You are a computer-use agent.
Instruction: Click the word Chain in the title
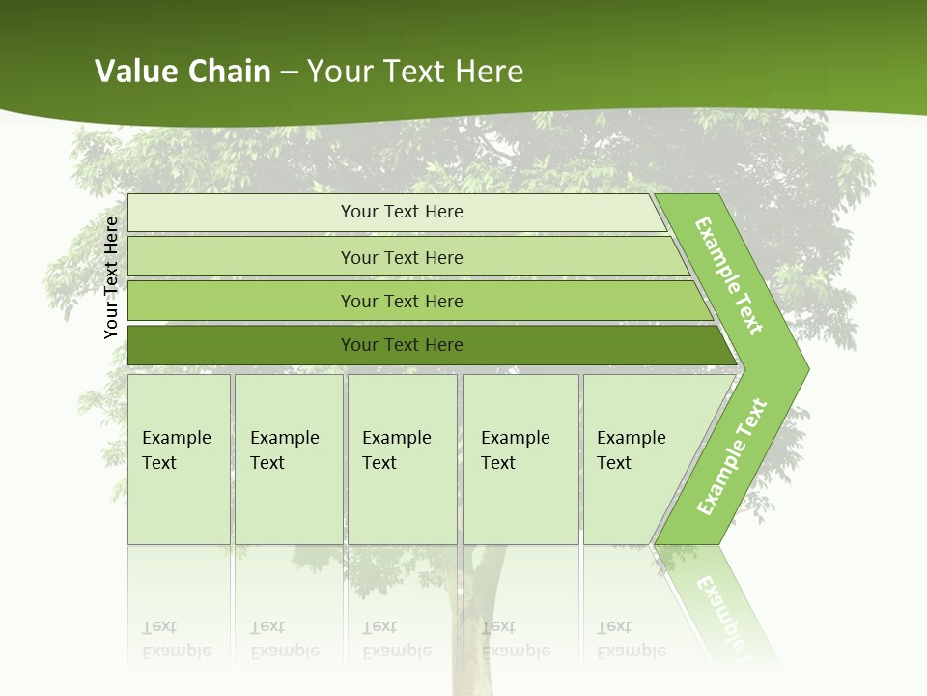[229, 72]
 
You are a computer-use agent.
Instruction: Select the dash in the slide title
[289, 72]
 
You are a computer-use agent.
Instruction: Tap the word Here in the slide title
[489, 72]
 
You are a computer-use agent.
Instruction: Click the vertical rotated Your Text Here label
[111, 277]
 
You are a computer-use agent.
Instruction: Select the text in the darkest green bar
[402, 345]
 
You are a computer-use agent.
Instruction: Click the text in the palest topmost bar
[402, 212]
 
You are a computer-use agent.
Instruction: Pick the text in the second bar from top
[402, 258]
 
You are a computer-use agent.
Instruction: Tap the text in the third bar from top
[402, 302]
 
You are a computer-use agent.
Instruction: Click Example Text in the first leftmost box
[176, 450]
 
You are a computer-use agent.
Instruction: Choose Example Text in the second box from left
[284, 450]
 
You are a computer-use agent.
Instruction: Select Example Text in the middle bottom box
[396, 450]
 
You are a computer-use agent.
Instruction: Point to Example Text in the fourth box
[515, 450]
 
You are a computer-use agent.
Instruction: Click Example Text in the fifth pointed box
[631, 450]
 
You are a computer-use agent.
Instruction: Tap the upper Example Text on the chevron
[729, 275]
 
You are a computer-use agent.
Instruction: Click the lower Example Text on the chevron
[732, 457]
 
